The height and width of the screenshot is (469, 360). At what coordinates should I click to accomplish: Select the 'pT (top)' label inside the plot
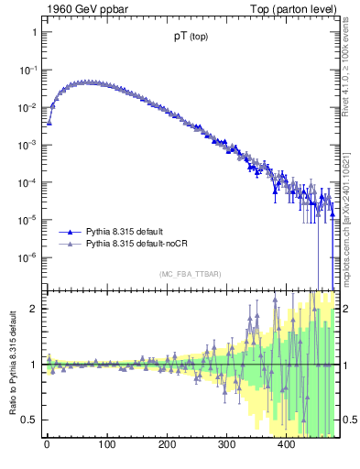coord(191,39)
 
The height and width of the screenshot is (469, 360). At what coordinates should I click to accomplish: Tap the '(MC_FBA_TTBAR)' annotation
coord(190,274)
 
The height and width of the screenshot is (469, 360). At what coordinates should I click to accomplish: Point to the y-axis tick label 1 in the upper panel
coord(33,32)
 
